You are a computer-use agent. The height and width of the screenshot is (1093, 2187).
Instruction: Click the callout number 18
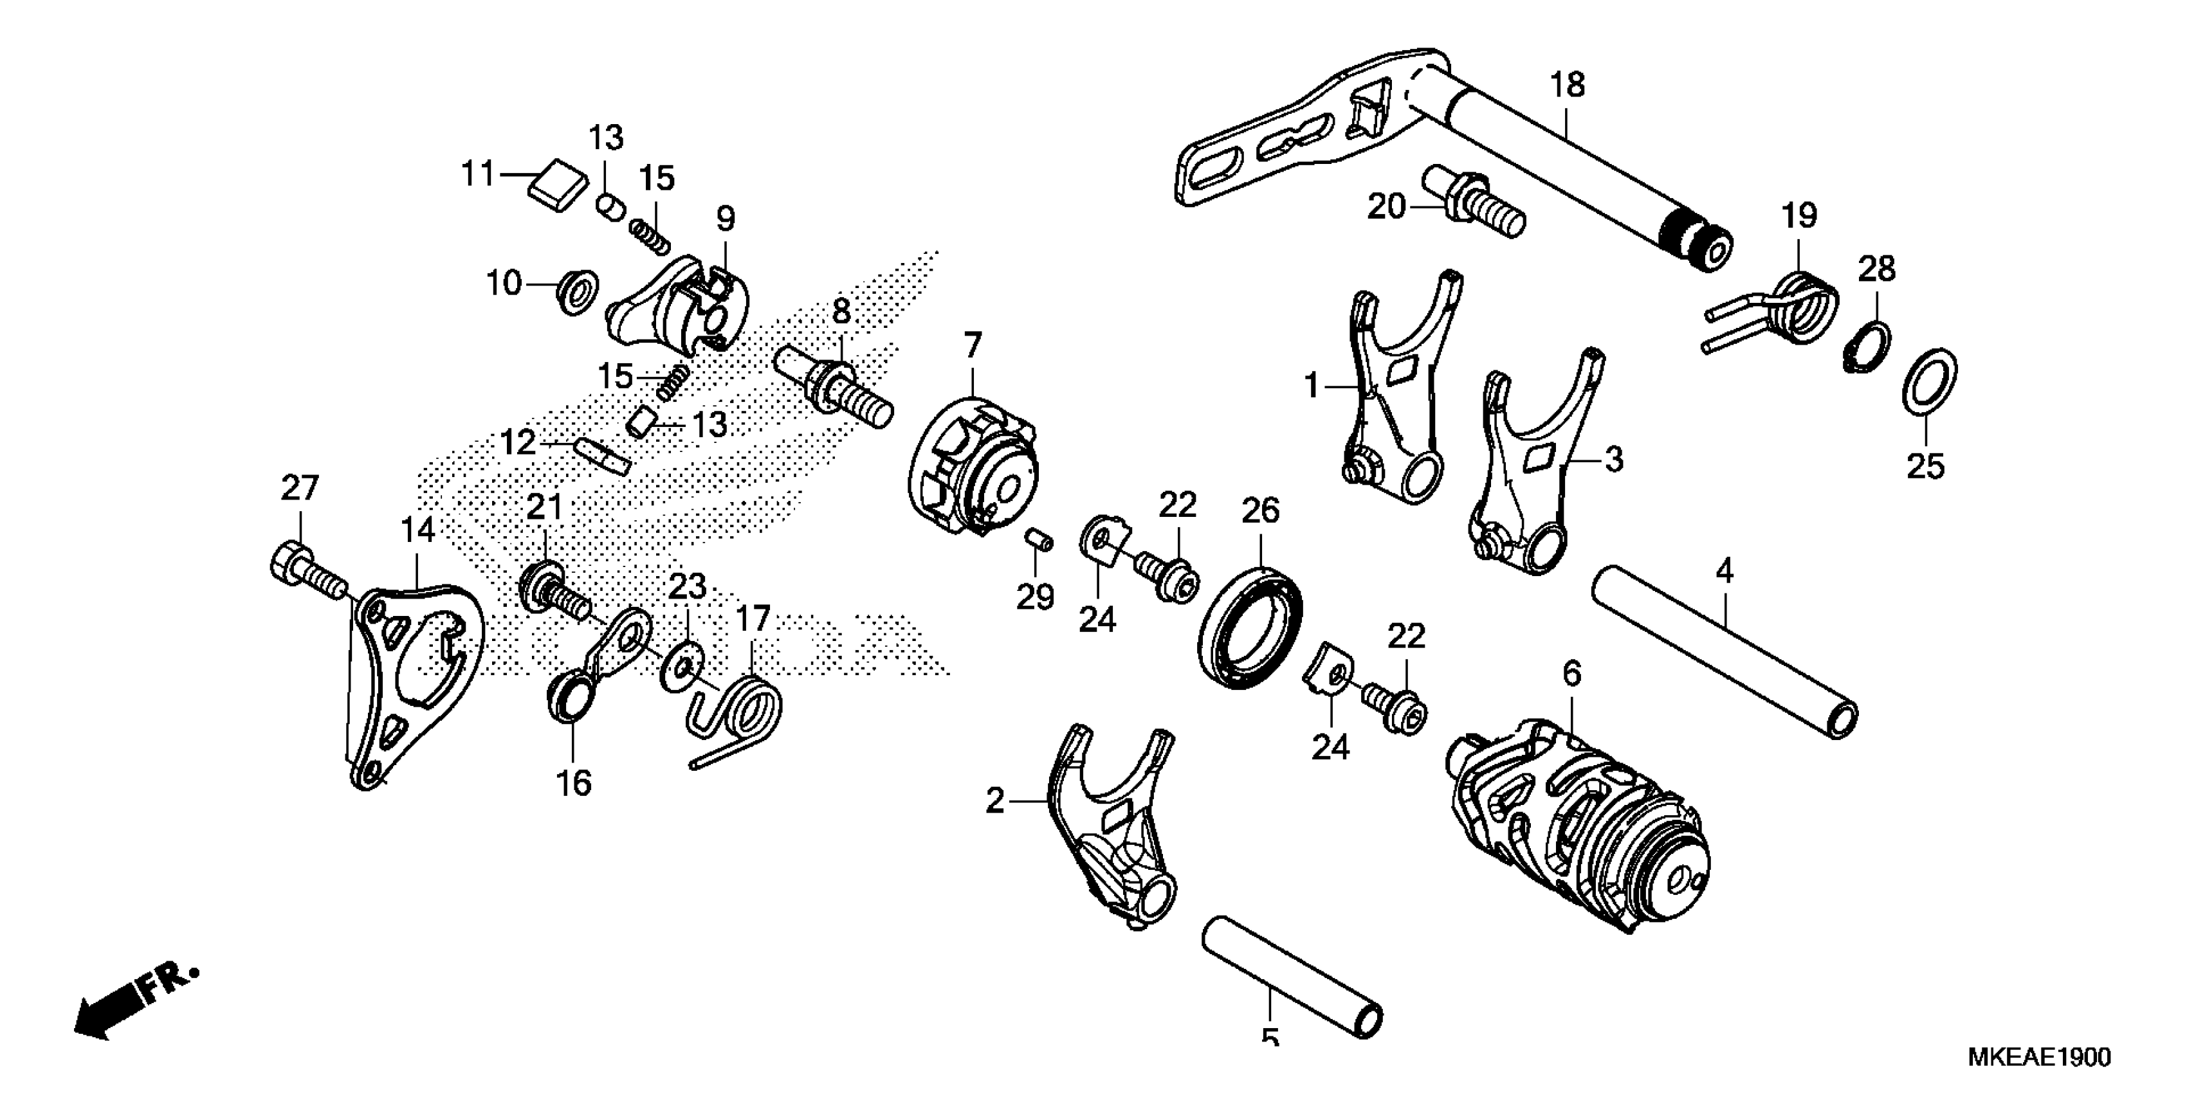pos(1567,85)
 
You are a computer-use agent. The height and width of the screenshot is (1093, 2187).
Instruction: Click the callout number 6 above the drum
pos(1572,674)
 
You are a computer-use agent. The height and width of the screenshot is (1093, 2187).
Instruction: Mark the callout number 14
pos(417,530)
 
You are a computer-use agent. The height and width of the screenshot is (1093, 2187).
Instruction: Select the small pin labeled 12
pos(603,456)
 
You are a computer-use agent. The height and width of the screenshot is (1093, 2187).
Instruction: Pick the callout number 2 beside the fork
pos(994,800)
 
